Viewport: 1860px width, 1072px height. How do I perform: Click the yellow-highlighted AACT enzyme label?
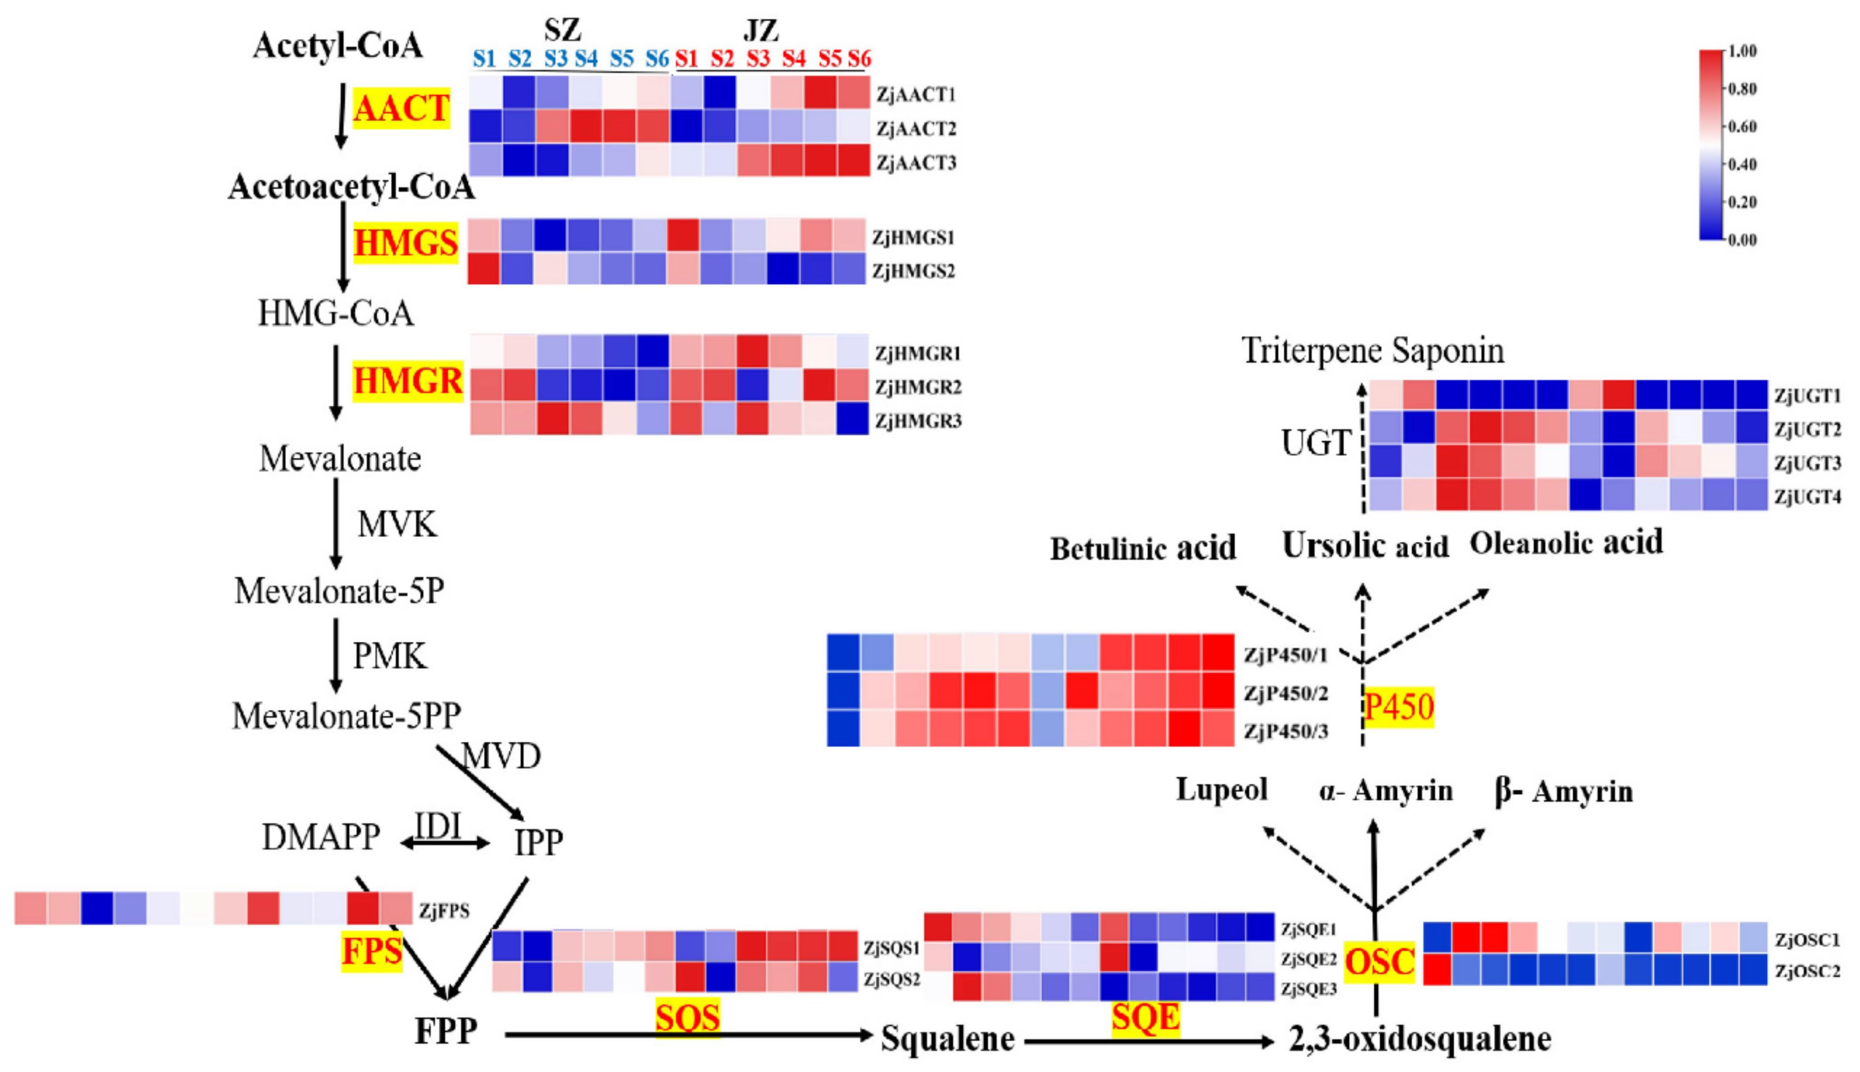401,109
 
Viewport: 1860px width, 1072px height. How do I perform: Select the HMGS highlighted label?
406,243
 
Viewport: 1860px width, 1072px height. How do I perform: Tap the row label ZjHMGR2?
917,387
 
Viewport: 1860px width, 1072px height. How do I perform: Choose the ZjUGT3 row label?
1807,463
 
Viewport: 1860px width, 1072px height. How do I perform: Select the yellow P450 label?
1398,707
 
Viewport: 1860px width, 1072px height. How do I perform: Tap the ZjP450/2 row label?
1285,693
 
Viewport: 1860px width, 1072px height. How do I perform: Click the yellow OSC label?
1379,961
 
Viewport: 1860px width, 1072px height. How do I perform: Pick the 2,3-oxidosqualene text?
1420,1039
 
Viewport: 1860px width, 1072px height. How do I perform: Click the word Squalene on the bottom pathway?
948,1039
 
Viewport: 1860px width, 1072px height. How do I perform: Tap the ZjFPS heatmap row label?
444,911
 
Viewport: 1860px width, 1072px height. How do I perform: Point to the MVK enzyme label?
397,525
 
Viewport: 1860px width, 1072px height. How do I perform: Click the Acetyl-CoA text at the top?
338,46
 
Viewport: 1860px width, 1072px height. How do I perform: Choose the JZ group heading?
760,31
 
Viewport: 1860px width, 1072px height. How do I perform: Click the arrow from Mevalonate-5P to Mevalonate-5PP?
337,655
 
